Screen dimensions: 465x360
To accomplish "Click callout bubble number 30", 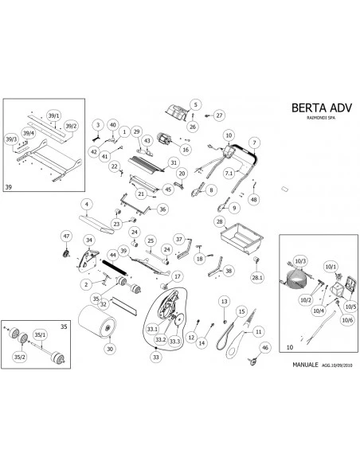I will point(110,348).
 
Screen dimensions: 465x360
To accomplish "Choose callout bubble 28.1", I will point(256,279).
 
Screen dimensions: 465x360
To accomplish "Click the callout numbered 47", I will point(67,236).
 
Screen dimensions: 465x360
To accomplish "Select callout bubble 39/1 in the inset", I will point(55,114).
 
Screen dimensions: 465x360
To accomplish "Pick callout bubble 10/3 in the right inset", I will point(301,261).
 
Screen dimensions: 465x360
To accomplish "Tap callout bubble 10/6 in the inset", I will point(347,320).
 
